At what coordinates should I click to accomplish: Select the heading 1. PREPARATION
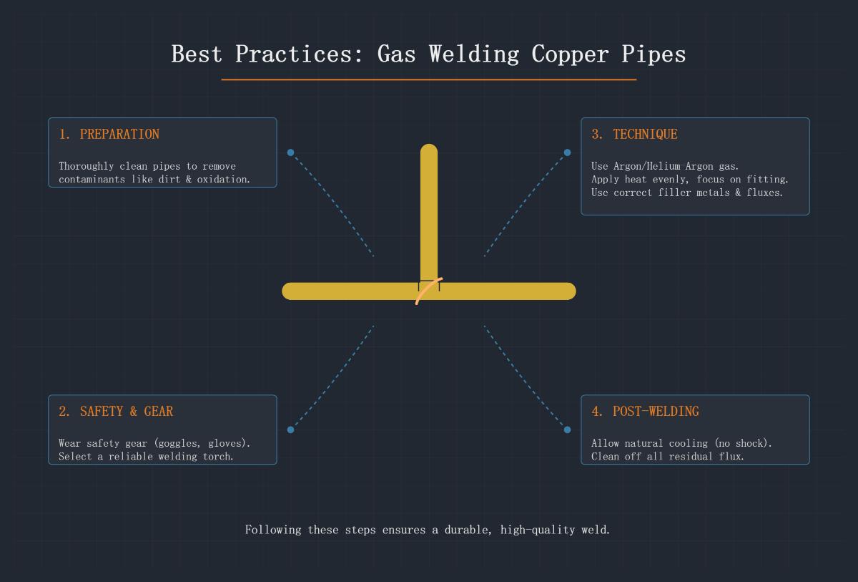[x=109, y=134]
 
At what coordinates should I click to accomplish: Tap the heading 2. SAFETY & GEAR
[x=116, y=411]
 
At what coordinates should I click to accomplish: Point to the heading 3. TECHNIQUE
[x=634, y=134]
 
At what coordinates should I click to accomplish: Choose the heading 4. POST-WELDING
[x=645, y=411]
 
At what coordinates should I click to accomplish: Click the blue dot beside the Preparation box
[x=290, y=152]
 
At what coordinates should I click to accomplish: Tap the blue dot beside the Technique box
[x=567, y=152]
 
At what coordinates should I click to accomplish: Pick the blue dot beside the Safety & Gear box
[x=290, y=430]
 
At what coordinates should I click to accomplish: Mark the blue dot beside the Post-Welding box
[x=567, y=430]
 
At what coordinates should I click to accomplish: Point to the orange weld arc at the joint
[x=428, y=291]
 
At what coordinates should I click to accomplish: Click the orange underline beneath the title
[x=429, y=79]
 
